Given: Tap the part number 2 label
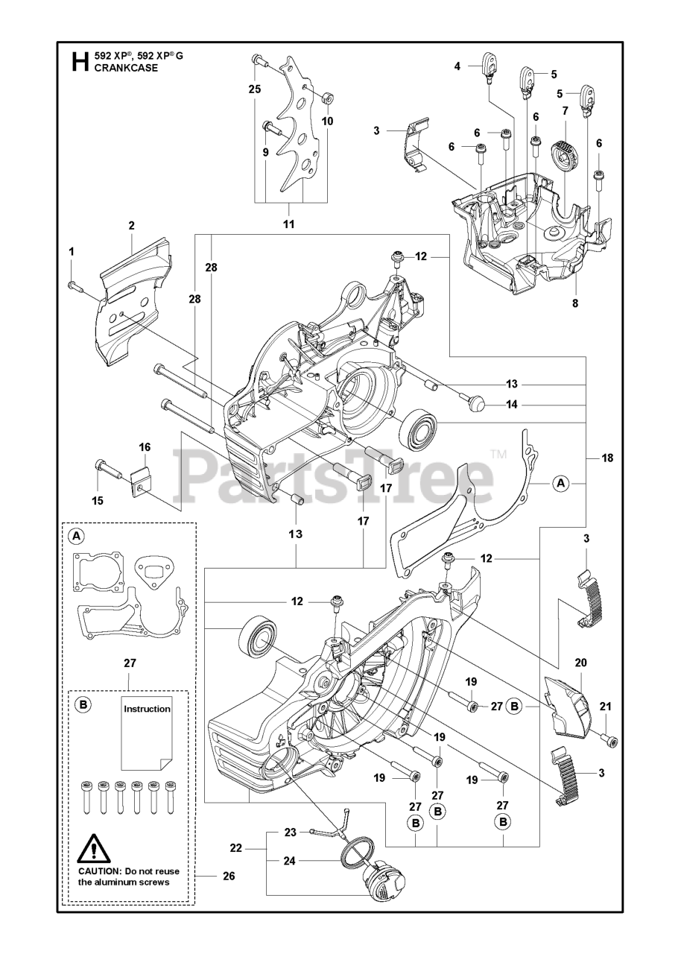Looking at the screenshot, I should pyautogui.click(x=131, y=225).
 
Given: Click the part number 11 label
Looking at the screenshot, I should pyautogui.click(x=289, y=224).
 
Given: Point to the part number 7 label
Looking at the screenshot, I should pyautogui.click(x=566, y=111).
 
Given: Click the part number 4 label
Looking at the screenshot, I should pyautogui.click(x=457, y=66).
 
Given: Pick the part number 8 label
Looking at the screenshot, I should pyautogui.click(x=575, y=303).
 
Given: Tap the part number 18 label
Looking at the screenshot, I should pyautogui.click(x=607, y=458).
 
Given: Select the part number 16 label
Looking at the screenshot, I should pyautogui.click(x=145, y=447).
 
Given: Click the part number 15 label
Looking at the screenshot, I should pyautogui.click(x=98, y=500).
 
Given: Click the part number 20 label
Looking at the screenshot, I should pyautogui.click(x=580, y=662).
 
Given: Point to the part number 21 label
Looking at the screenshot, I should pyautogui.click(x=605, y=707).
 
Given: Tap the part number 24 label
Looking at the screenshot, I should pyautogui.click(x=290, y=861).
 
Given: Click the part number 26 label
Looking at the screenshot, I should pyautogui.click(x=229, y=876).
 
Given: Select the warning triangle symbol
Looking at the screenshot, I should pyautogui.click(x=92, y=848).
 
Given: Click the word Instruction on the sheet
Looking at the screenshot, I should pyautogui.click(x=147, y=709).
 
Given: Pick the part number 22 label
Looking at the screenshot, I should pyautogui.click(x=236, y=848).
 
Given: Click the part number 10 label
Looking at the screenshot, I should pyautogui.click(x=327, y=121).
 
